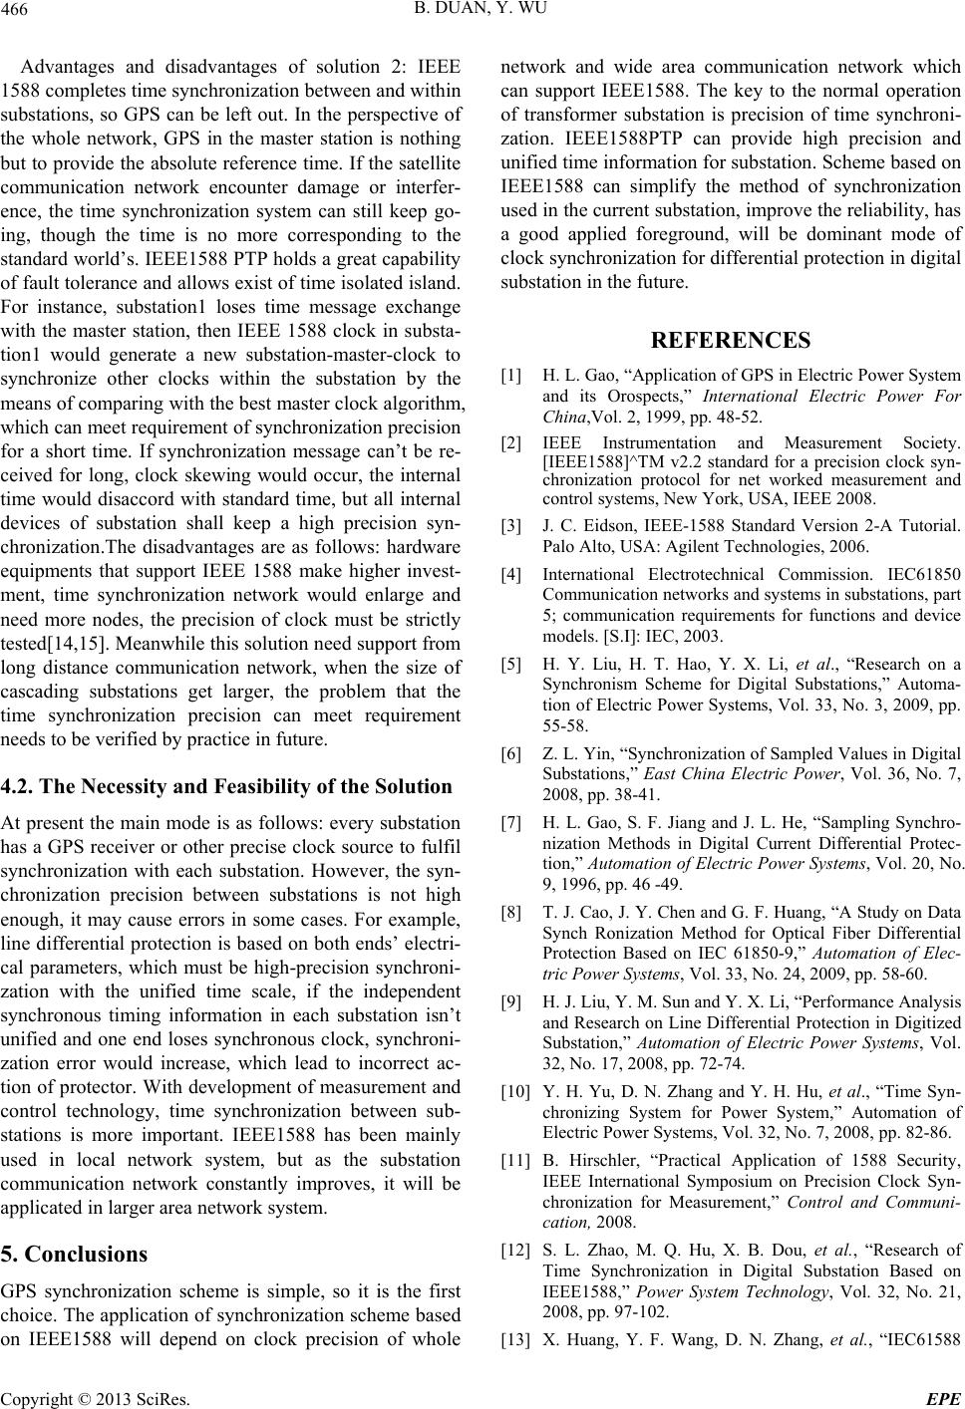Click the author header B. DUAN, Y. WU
482,12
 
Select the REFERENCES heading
730,340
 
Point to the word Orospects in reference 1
631,396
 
